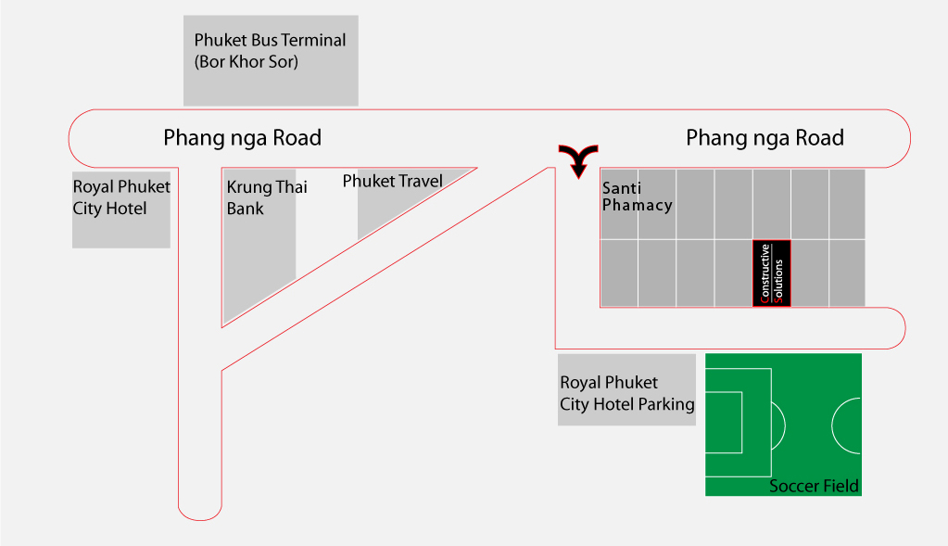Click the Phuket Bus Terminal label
(270, 51)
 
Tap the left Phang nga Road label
(242, 138)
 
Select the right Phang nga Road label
(765, 138)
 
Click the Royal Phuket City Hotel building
(120, 210)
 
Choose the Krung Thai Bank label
(267, 197)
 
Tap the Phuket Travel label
(392, 181)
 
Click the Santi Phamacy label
(638, 197)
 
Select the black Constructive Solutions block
(771, 273)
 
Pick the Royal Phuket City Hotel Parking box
(626, 390)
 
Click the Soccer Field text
(814, 486)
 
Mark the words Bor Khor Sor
(246, 62)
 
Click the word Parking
(666, 404)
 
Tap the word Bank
(245, 209)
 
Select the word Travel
(419, 181)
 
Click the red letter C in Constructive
(765, 298)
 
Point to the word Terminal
(313, 41)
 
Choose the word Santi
(622, 188)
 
